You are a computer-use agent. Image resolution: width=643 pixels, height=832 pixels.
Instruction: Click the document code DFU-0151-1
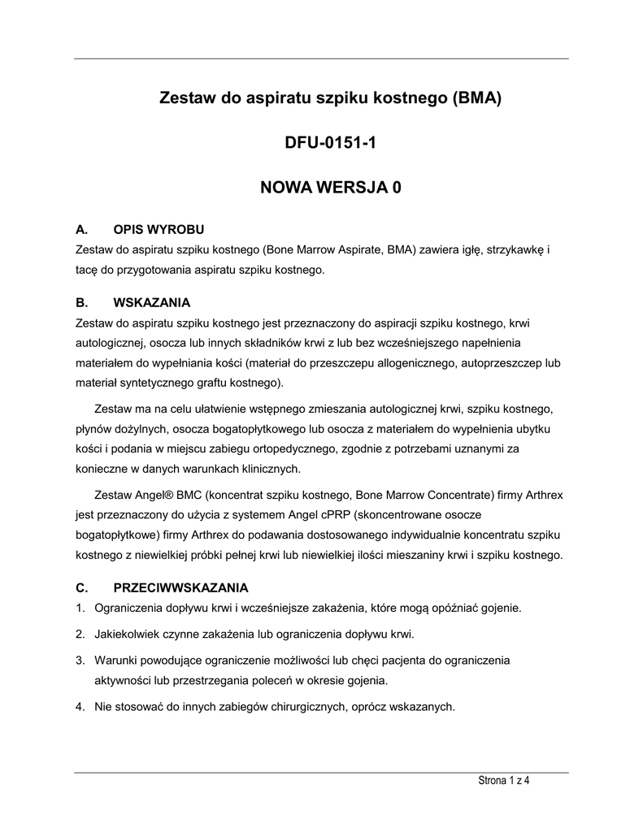(x=320, y=144)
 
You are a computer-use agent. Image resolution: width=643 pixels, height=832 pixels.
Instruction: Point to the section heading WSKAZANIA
(x=152, y=303)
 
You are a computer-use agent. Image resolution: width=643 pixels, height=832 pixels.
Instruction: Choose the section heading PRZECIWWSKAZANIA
(x=181, y=587)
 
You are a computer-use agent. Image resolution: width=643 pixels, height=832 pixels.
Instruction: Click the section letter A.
(x=80, y=229)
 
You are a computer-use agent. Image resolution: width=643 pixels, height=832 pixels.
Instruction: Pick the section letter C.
(x=80, y=587)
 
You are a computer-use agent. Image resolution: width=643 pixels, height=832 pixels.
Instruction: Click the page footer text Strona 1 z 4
(x=503, y=782)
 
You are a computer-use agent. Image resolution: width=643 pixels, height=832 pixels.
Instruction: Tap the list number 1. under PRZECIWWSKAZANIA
(x=80, y=607)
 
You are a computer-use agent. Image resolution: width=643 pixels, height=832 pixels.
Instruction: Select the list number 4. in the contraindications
(x=80, y=707)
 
